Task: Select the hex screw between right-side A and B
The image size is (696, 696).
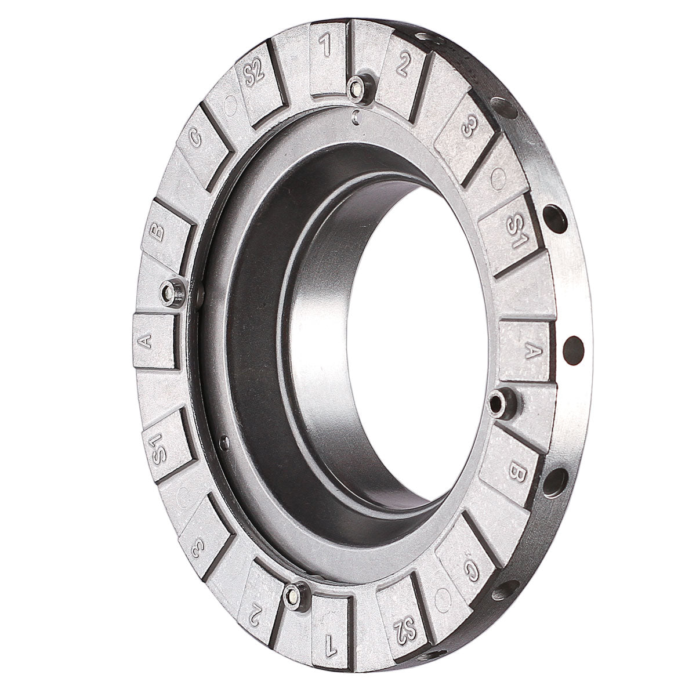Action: click(498, 400)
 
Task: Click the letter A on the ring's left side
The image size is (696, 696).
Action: click(147, 342)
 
